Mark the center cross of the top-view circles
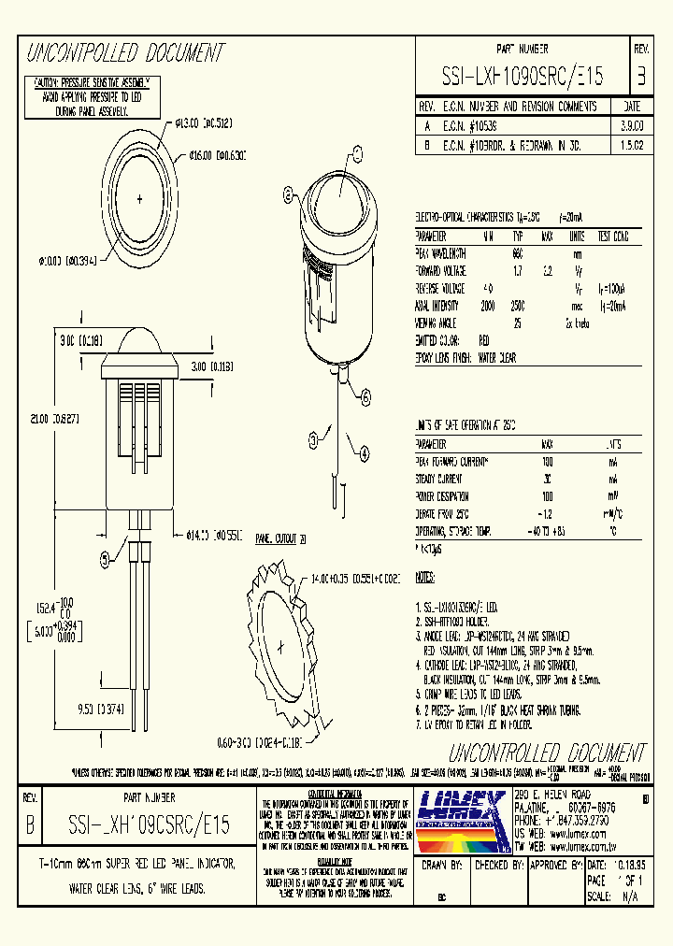[x=140, y=198]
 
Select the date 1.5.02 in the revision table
[x=632, y=147]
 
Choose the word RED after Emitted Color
[x=484, y=340]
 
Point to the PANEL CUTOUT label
[x=278, y=539]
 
